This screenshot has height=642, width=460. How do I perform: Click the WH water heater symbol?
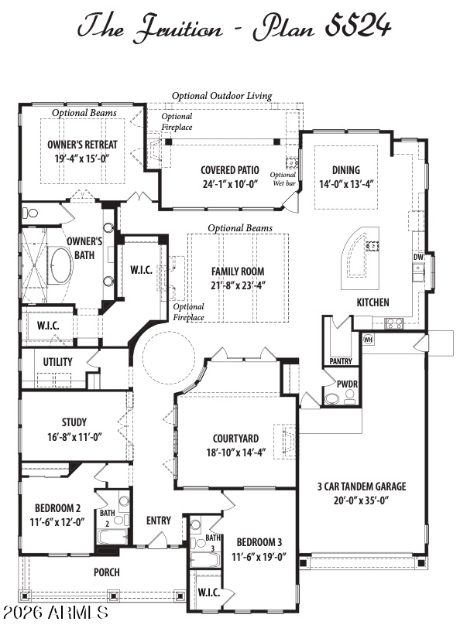click(x=368, y=339)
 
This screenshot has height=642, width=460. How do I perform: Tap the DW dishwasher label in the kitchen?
click(x=417, y=257)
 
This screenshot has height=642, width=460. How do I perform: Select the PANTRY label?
click(x=341, y=361)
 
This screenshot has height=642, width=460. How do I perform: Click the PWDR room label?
click(x=347, y=384)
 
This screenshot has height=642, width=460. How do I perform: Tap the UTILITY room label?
click(x=58, y=362)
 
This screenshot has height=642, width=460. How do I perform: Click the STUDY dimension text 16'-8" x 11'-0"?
click(x=74, y=437)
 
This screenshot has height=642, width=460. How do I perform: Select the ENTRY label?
click(x=159, y=521)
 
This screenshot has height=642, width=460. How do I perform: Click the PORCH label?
click(x=107, y=572)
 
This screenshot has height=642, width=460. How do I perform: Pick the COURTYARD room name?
click(x=235, y=439)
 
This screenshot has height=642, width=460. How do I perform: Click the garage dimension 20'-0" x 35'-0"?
click(x=361, y=500)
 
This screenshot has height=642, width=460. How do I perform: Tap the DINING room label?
click(x=346, y=170)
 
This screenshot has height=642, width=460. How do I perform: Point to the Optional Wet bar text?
click(x=283, y=179)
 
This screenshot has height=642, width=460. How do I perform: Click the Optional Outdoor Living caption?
click(x=221, y=96)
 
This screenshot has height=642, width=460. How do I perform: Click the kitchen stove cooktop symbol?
click(x=394, y=323)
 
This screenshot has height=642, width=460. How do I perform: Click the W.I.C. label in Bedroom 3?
click(x=209, y=592)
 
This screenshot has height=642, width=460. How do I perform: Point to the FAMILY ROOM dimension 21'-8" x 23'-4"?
click(x=238, y=285)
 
